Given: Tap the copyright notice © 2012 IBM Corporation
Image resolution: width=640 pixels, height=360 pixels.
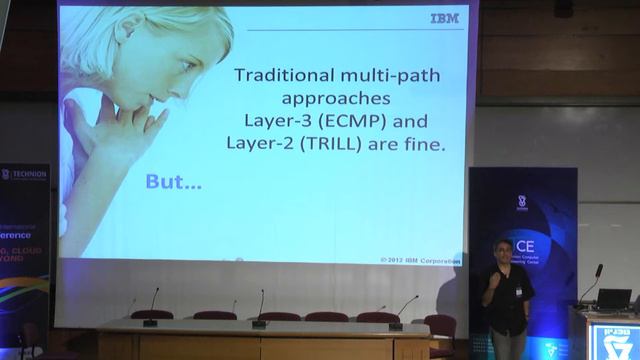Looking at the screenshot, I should [420, 260].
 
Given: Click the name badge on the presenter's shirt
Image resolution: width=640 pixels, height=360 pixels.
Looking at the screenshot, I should [518, 291].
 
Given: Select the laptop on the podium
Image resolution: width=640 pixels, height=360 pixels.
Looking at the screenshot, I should [613, 298].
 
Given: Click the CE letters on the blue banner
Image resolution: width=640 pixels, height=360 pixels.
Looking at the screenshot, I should [525, 246].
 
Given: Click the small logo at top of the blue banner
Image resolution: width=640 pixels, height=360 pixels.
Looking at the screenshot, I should [522, 202].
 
